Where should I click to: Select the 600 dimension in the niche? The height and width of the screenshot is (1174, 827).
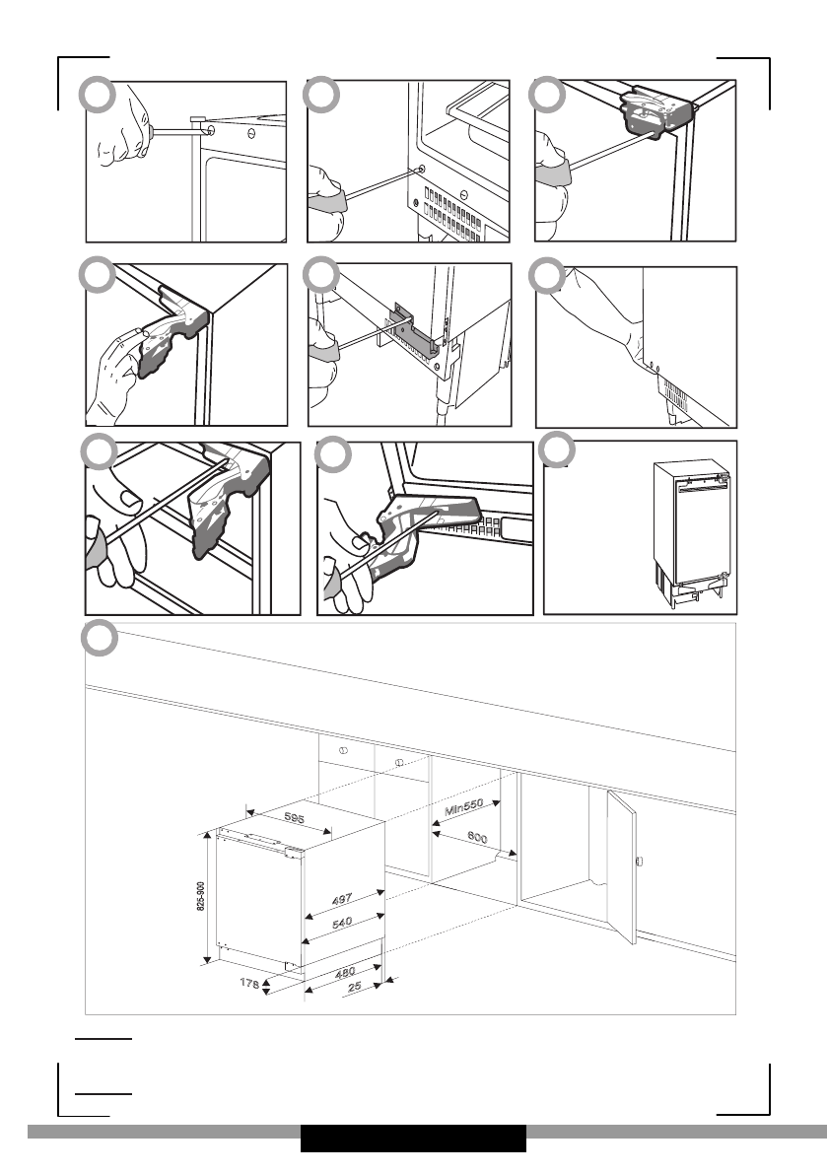point(478,839)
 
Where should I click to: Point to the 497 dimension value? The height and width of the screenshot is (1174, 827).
point(340,900)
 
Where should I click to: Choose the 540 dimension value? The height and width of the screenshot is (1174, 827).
point(341,924)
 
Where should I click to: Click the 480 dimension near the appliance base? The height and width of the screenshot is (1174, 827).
point(345,973)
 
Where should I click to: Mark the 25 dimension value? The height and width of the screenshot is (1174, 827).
point(355,987)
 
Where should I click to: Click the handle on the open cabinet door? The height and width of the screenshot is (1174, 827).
point(640,862)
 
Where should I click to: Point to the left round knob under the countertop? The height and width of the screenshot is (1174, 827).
point(344,750)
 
